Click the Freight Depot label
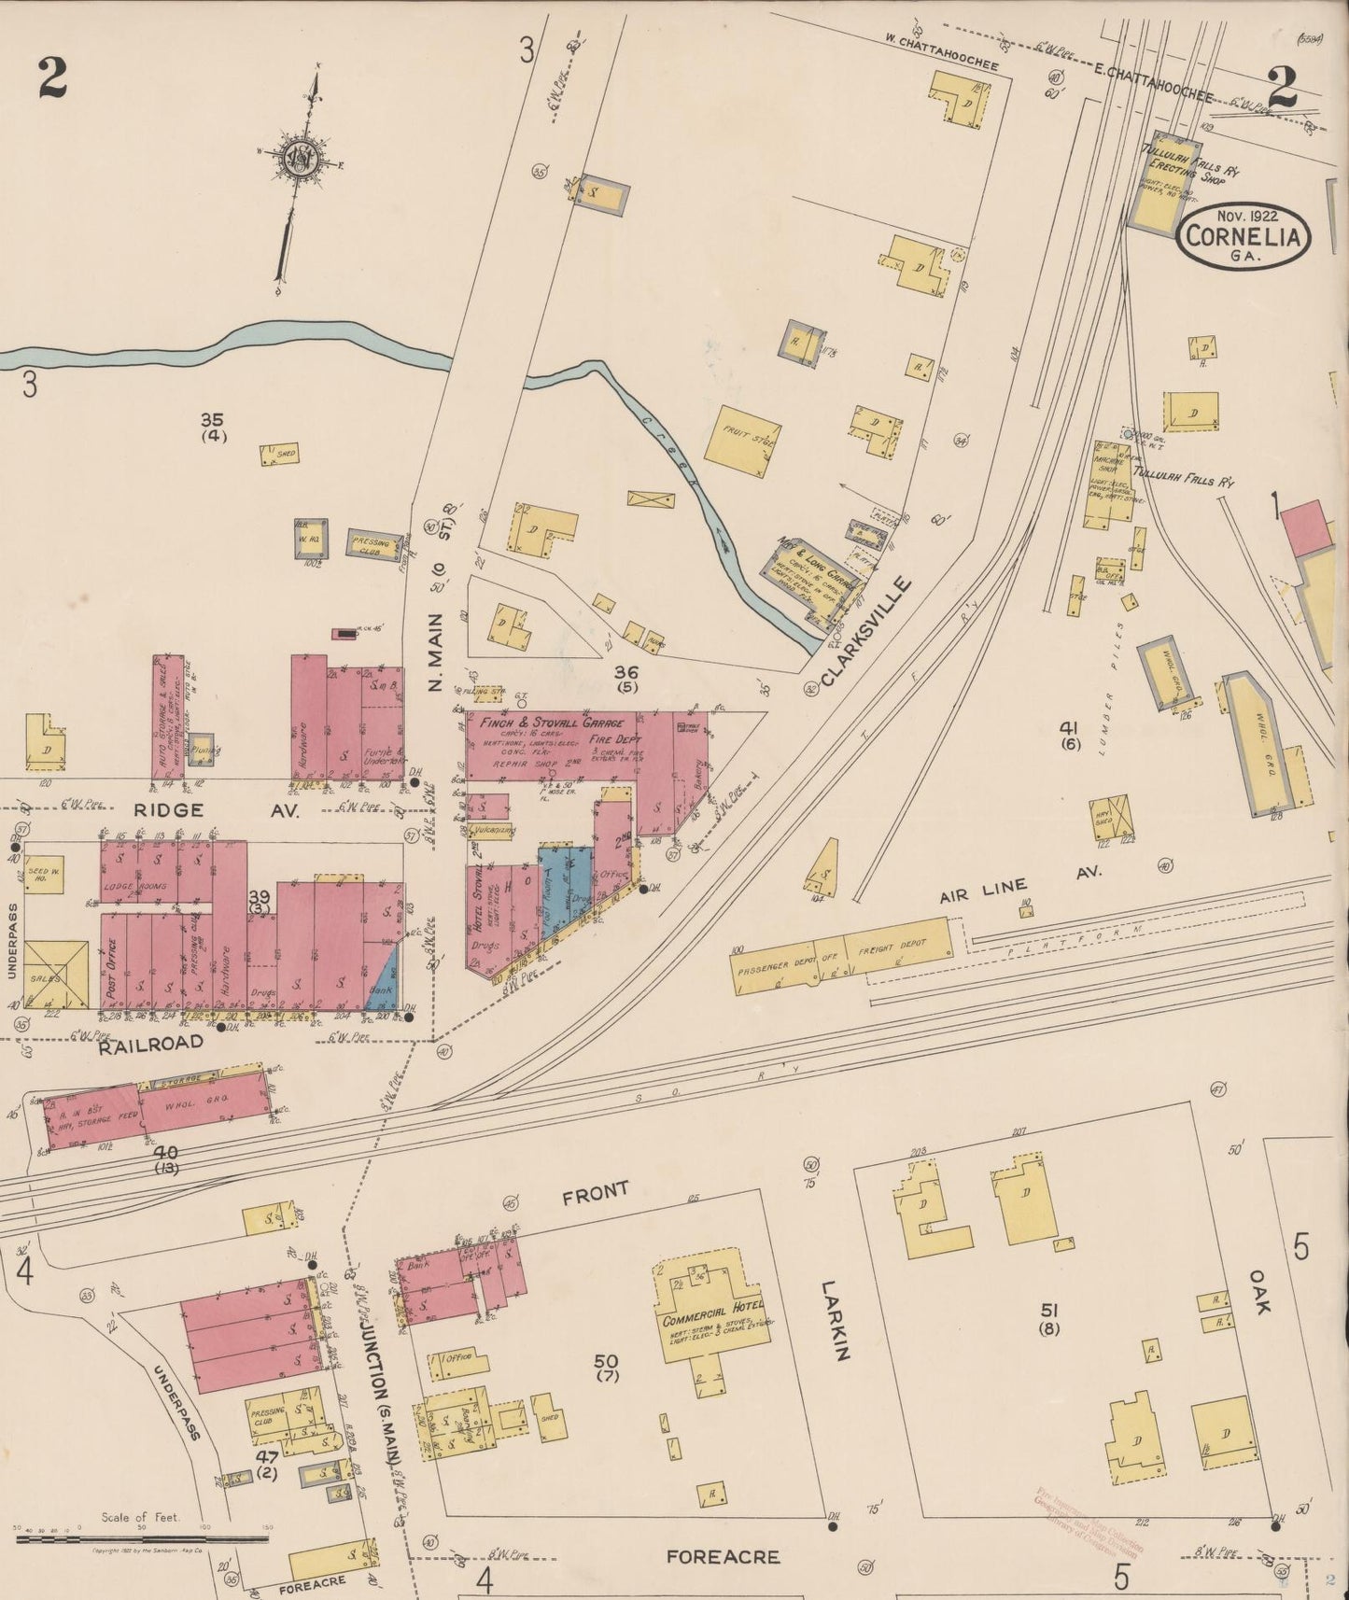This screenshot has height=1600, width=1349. coord(896,946)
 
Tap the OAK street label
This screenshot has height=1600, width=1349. coord(1258,1291)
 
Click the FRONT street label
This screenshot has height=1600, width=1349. coord(595,1191)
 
